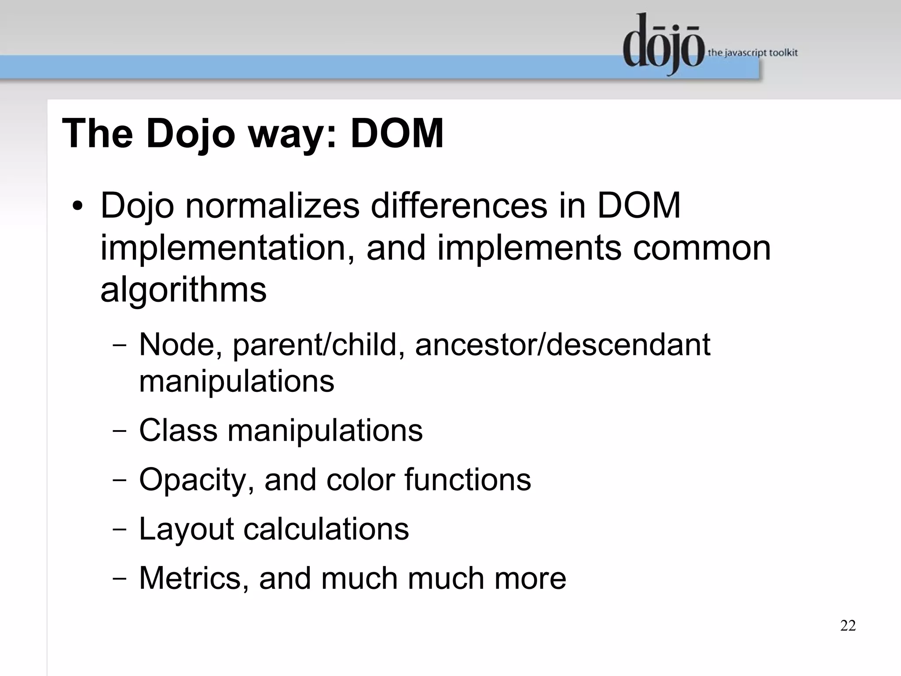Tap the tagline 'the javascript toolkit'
(752, 53)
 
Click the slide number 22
(848, 625)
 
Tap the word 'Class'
(178, 430)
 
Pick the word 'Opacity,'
(197, 479)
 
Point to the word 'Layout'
(186, 529)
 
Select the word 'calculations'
(326, 529)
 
